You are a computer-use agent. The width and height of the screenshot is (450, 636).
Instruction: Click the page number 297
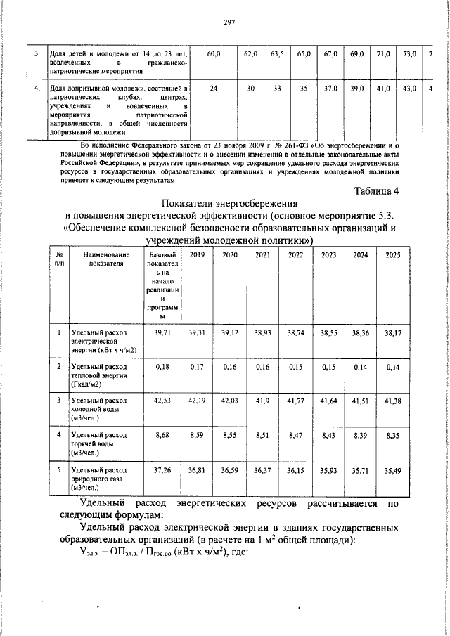(229, 22)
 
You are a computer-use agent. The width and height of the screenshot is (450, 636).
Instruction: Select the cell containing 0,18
(162, 366)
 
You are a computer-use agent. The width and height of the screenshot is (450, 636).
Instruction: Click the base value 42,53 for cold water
(162, 400)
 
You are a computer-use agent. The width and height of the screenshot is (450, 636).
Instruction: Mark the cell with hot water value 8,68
(162, 436)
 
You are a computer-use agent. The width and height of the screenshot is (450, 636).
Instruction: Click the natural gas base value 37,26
(162, 469)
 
